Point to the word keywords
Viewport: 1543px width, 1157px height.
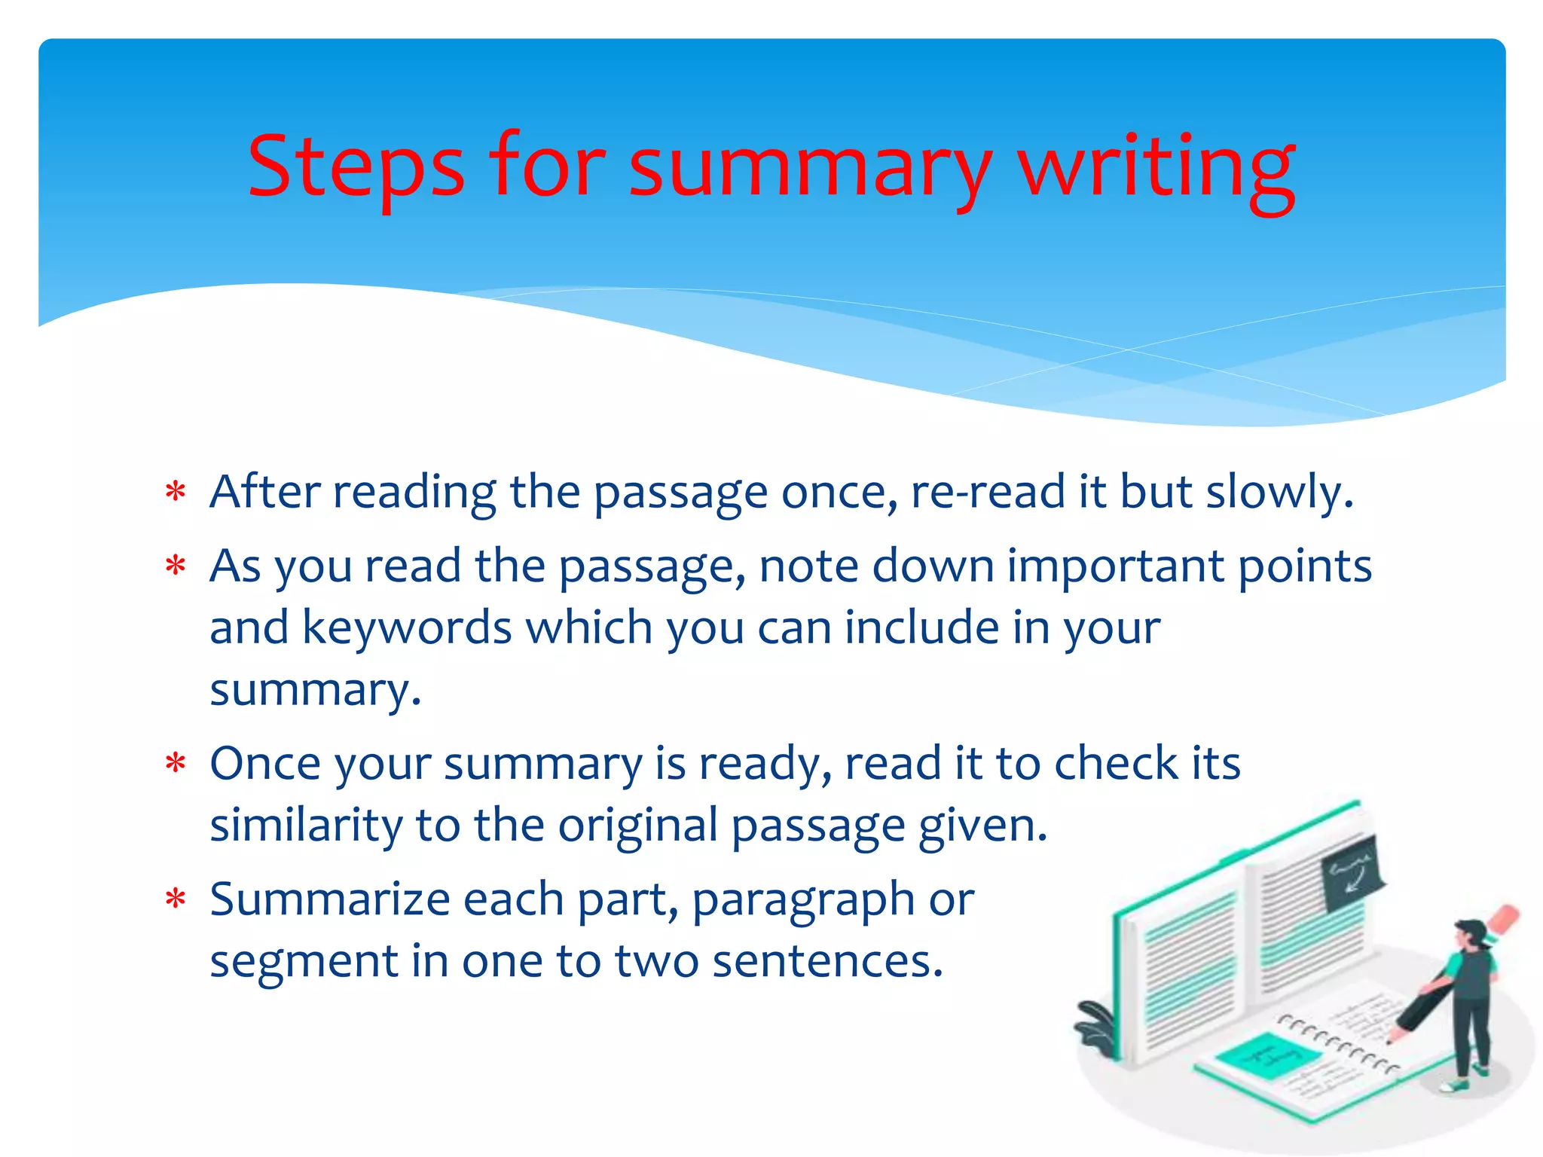(407, 628)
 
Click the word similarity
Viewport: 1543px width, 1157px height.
(306, 826)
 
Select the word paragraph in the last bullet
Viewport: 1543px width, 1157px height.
(802, 901)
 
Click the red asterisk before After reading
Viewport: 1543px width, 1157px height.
(176, 493)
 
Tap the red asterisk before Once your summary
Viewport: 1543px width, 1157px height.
(176, 765)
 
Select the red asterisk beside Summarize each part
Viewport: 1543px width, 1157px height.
(176, 900)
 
